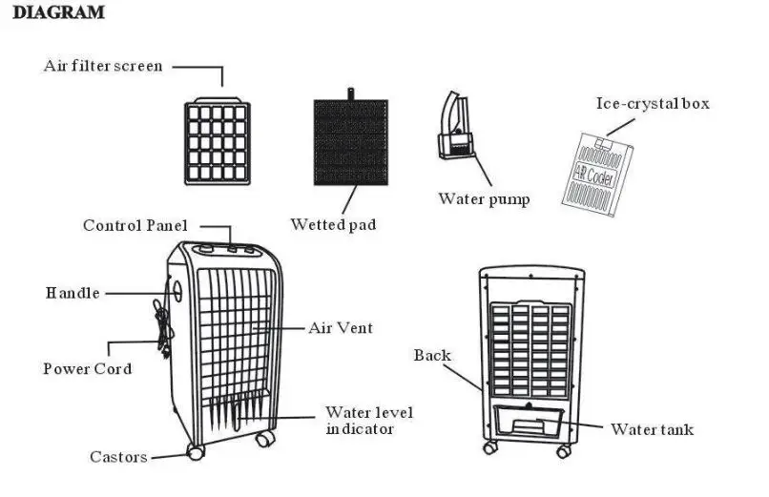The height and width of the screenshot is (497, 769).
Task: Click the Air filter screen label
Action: [x=103, y=67]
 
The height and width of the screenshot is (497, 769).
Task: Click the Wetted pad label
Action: [x=333, y=225]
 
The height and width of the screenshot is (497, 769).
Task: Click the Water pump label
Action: [x=484, y=199]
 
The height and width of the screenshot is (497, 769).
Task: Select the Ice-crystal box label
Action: [x=653, y=104]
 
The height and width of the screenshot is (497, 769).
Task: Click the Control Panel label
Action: [x=135, y=226]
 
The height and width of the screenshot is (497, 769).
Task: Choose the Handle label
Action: [x=73, y=293]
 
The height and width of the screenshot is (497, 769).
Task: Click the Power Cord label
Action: [x=88, y=369]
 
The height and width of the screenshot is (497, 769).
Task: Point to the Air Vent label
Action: [x=340, y=328]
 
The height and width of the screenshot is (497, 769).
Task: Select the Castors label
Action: [x=119, y=457]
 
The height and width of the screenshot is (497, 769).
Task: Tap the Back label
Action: [x=432, y=356]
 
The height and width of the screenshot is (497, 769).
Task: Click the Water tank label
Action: [x=653, y=430]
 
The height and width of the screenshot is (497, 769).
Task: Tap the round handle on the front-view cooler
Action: [x=176, y=290]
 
